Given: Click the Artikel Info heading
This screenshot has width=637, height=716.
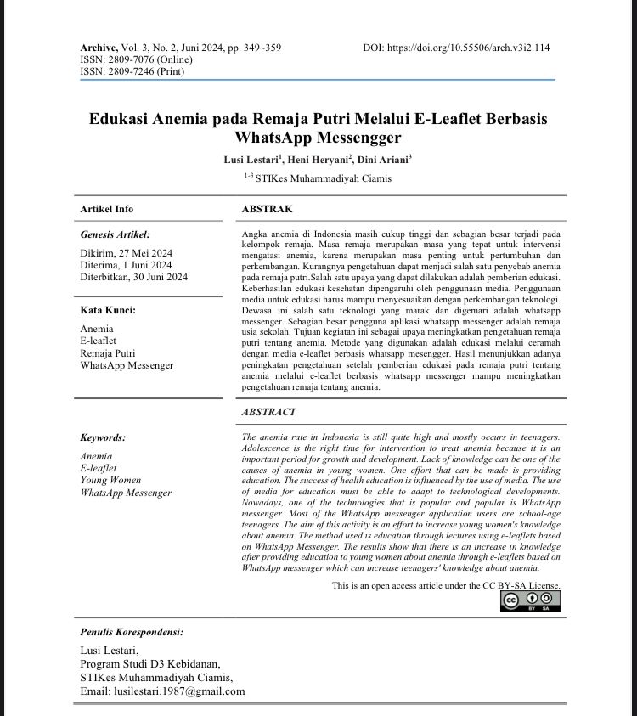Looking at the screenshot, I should pyautogui.click(x=106, y=209).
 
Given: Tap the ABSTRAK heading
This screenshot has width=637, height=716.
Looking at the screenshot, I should pyautogui.click(x=267, y=209).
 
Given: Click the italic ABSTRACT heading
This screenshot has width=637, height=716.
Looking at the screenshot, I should pyautogui.click(x=268, y=412).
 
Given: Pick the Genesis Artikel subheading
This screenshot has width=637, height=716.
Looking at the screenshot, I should pyautogui.click(x=115, y=234).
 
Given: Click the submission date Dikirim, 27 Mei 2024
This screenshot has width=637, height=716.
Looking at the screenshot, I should pyautogui.click(x=127, y=253).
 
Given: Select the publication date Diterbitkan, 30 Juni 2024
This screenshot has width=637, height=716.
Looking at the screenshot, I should pyautogui.click(x=134, y=277).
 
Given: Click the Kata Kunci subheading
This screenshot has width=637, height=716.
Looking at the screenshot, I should pyautogui.click(x=108, y=310).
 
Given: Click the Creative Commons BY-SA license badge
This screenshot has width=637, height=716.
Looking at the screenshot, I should pyautogui.click(x=530, y=601).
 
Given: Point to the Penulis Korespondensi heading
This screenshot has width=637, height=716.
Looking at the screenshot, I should pyautogui.click(x=131, y=633).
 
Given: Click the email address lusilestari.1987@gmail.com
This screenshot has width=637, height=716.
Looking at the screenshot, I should pyautogui.click(x=162, y=691).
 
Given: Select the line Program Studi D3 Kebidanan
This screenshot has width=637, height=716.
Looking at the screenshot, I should pyautogui.click(x=149, y=663).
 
